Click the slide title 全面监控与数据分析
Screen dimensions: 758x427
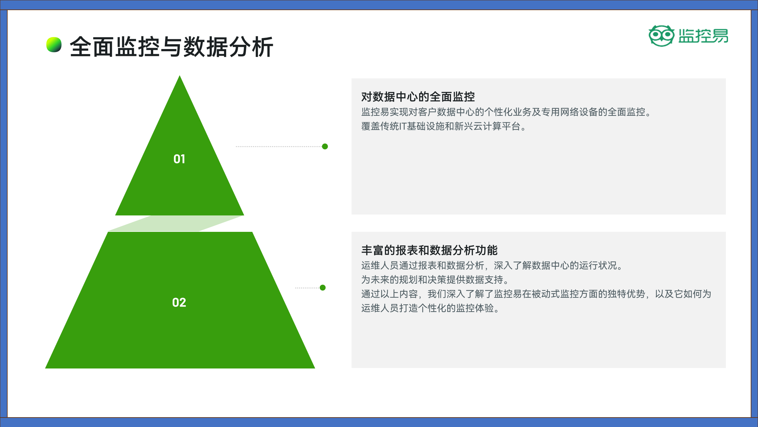pos(171,47)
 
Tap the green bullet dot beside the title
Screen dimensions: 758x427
pos(54,45)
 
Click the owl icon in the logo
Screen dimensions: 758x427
pos(661,36)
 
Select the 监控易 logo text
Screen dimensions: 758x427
pos(703,36)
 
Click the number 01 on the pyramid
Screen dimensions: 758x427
pos(179,159)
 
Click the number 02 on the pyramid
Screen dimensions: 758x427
pos(179,302)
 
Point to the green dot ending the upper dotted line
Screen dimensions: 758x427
pos(325,146)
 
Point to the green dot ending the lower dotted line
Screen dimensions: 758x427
pos(323,288)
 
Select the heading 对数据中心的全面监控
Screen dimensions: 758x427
pos(418,97)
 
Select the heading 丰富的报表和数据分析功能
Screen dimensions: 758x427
pos(430,250)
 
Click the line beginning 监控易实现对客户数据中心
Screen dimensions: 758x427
pos(506,112)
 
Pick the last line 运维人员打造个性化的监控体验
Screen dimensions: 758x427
pos(430,308)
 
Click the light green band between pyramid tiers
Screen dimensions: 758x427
pos(176,224)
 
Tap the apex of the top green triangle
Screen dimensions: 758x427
pos(180,76)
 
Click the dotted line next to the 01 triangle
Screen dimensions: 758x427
pos(279,146)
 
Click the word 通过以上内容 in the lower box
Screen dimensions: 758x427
pos(390,294)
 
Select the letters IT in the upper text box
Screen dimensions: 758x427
pos(403,127)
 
